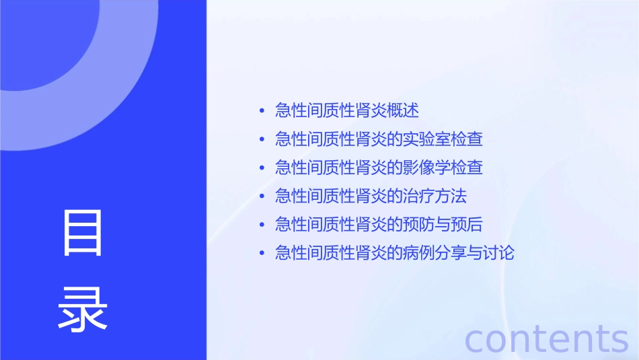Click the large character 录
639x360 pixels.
pyautogui.click(x=83, y=310)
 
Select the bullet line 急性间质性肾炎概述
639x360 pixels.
pyautogui.click(x=347, y=110)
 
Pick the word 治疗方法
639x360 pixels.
pyautogui.click(x=435, y=196)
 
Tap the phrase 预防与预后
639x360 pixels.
pyautogui.click(x=443, y=225)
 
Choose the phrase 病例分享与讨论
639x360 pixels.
pyautogui.click(x=459, y=254)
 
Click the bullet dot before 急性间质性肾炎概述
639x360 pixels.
pyautogui.click(x=261, y=111)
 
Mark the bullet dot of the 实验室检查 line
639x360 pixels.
pyautogui.click(x=261, y=140)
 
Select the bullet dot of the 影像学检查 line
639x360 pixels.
pyautogui.click(x=261, y=168)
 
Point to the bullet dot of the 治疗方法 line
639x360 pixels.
pyautogui.click(x=261, y=197)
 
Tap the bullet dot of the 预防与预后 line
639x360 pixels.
pyautogui.click(x=261, y=225)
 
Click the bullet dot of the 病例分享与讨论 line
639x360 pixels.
pyautogui.click(x=261, y=254)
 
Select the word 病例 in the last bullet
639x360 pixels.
pyautogui.click(x=418, y=254)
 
